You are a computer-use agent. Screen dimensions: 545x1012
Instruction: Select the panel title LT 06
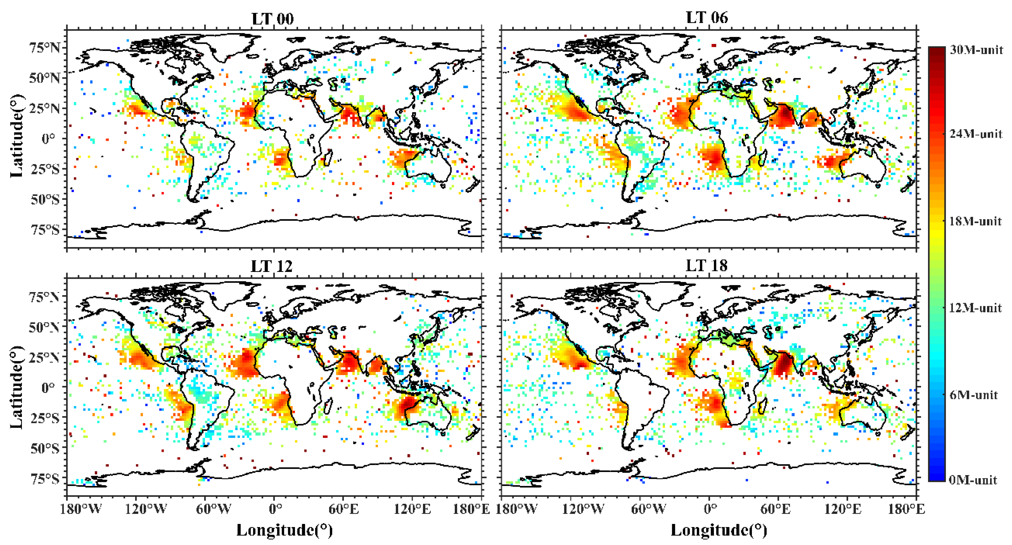[x=707, y=18]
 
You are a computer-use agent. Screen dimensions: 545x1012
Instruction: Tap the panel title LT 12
[x=272, y=267]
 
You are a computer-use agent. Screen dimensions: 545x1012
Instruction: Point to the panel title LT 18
[x=707, y=266]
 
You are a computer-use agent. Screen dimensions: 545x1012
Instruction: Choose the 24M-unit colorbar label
[x=976, y=134]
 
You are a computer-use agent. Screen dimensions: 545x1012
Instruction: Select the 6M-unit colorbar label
[x=973, y=395]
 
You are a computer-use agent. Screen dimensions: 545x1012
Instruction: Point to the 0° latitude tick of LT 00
[x=48, y=138]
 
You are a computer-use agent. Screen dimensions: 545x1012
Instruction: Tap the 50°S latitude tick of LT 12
[x=45, y=448]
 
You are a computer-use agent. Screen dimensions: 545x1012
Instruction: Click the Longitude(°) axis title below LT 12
[x=284, y=530]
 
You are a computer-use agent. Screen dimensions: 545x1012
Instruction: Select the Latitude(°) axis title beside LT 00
[x=16, y=136]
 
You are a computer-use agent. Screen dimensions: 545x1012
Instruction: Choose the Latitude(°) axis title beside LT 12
[x=16, y=387]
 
